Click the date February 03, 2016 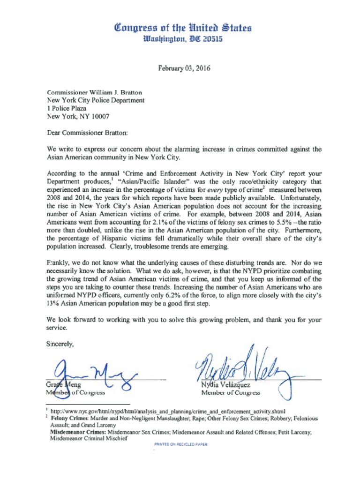click(184, 68)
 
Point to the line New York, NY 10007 click(78, 116)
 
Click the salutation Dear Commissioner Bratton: click(87, 133)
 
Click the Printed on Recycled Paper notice click(180, 443)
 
